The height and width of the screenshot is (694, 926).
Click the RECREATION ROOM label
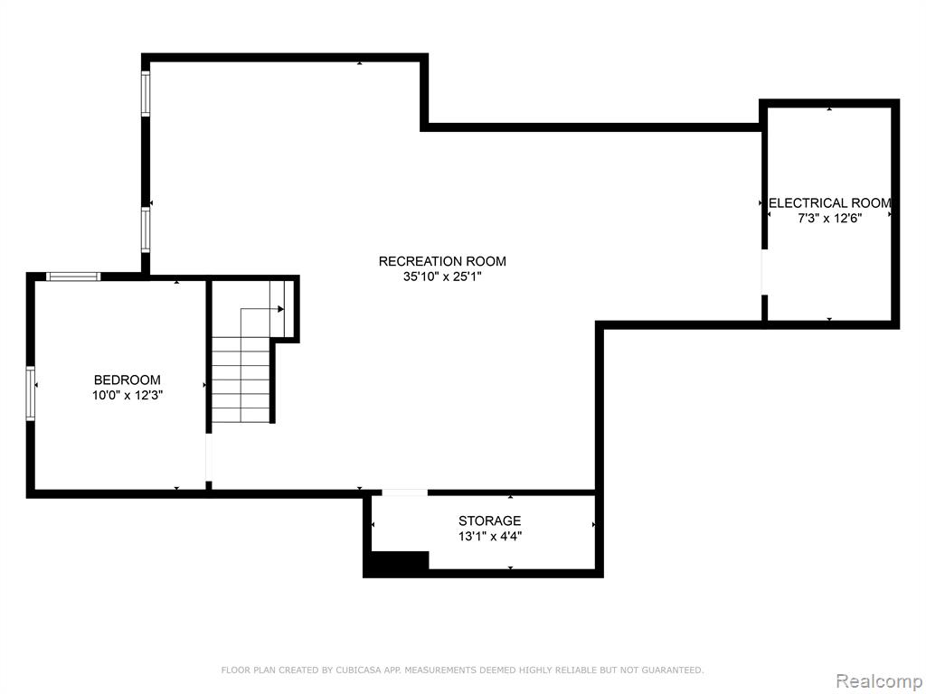pyautogui.click(x=442, y=261)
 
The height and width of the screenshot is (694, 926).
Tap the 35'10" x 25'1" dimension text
pyautogui.click(x=443, y=277)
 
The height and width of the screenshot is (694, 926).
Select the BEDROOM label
pyautogui.click(x=127, y=380)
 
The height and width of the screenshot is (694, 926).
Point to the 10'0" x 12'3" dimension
pyautogui.click(x=127, y=396)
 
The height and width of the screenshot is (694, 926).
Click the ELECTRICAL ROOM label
pyautogui.click(x=830, y=203)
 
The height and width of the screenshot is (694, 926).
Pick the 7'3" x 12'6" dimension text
pyautogui.click(x=830, y=219)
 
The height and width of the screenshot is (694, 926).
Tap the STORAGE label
pyautogui.click(x=489, y=520)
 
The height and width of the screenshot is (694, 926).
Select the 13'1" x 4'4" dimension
pyautogui.click(x=489, y=537)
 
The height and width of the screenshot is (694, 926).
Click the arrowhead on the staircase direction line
pyautogui.click(x=281, y=309)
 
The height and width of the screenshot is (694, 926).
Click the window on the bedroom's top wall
pyautogui.click(x=74, y=277)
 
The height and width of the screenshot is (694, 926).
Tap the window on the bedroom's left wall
pyautogui.click(x=30, y=393)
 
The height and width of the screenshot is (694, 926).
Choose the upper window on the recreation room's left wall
pyautogui.click(x=146, y=93)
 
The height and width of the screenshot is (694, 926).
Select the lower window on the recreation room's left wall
pyautogui.click(x=146, y=230)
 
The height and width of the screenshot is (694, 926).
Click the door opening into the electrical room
pyautogui.click(x=764, y=272)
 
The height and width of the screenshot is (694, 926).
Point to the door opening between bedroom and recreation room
pyautogui.click(x=209, y=458)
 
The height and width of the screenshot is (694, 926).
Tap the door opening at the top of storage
pyautogui.click(x=404, y=492)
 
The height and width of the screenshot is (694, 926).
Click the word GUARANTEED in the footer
pyautogui.click(x=672, y=670)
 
